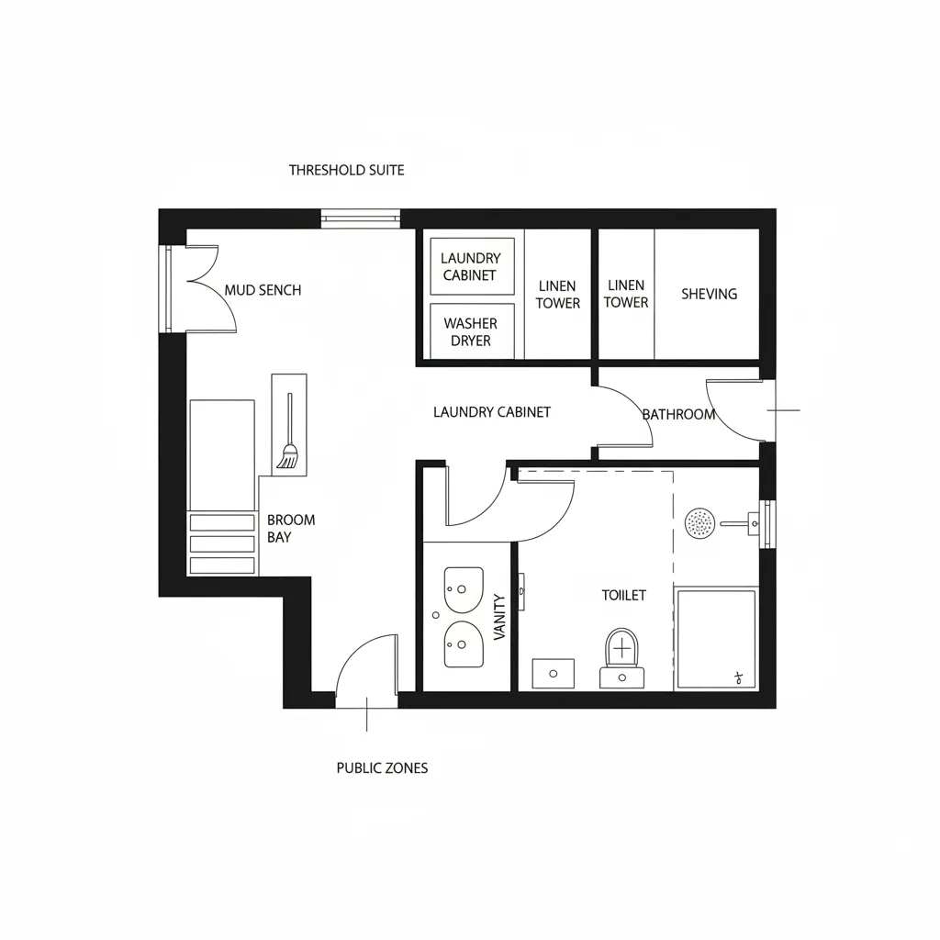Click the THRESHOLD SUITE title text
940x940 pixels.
(x=346, y=170)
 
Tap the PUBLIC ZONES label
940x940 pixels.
(x=382, y=767)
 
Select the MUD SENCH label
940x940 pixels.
(x=263, y=290)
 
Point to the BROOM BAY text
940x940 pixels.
(x=290, y=528)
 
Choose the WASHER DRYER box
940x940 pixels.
(x=471, y=331)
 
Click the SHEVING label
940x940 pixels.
(x=709, y=294)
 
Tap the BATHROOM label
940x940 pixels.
(x=678, y=415)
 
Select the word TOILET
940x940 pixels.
(x=623, y=595)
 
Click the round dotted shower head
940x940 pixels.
(x=700, y=523)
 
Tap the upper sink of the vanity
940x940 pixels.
(x=464, y=589)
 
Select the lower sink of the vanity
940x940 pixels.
(x=464, y=644)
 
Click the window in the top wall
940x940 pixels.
(x=361, y=218)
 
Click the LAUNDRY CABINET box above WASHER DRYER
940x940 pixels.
(x=472, y=266)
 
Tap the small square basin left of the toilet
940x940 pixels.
(x=554, y=673)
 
